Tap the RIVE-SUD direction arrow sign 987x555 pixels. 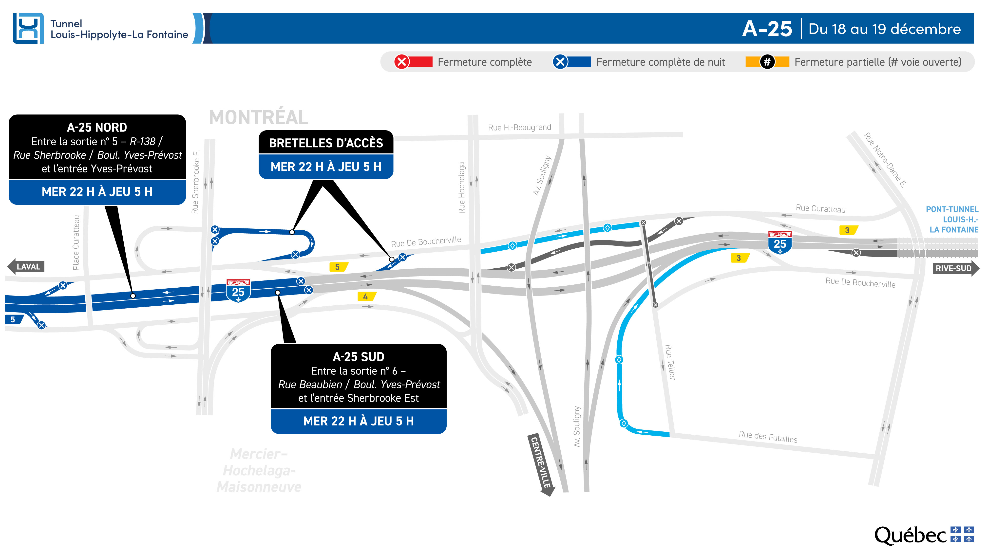956,268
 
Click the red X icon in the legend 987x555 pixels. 401,62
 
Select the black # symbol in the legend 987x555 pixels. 767,62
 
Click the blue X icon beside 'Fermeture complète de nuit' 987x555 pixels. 560,62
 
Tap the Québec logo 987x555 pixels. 924,535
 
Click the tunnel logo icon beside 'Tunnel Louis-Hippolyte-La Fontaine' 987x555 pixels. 28,28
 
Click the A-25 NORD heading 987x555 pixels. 97,127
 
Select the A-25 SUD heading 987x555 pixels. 358,357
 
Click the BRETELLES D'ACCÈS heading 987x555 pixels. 326,143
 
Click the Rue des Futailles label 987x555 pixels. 768,437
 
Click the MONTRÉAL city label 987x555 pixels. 259,117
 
